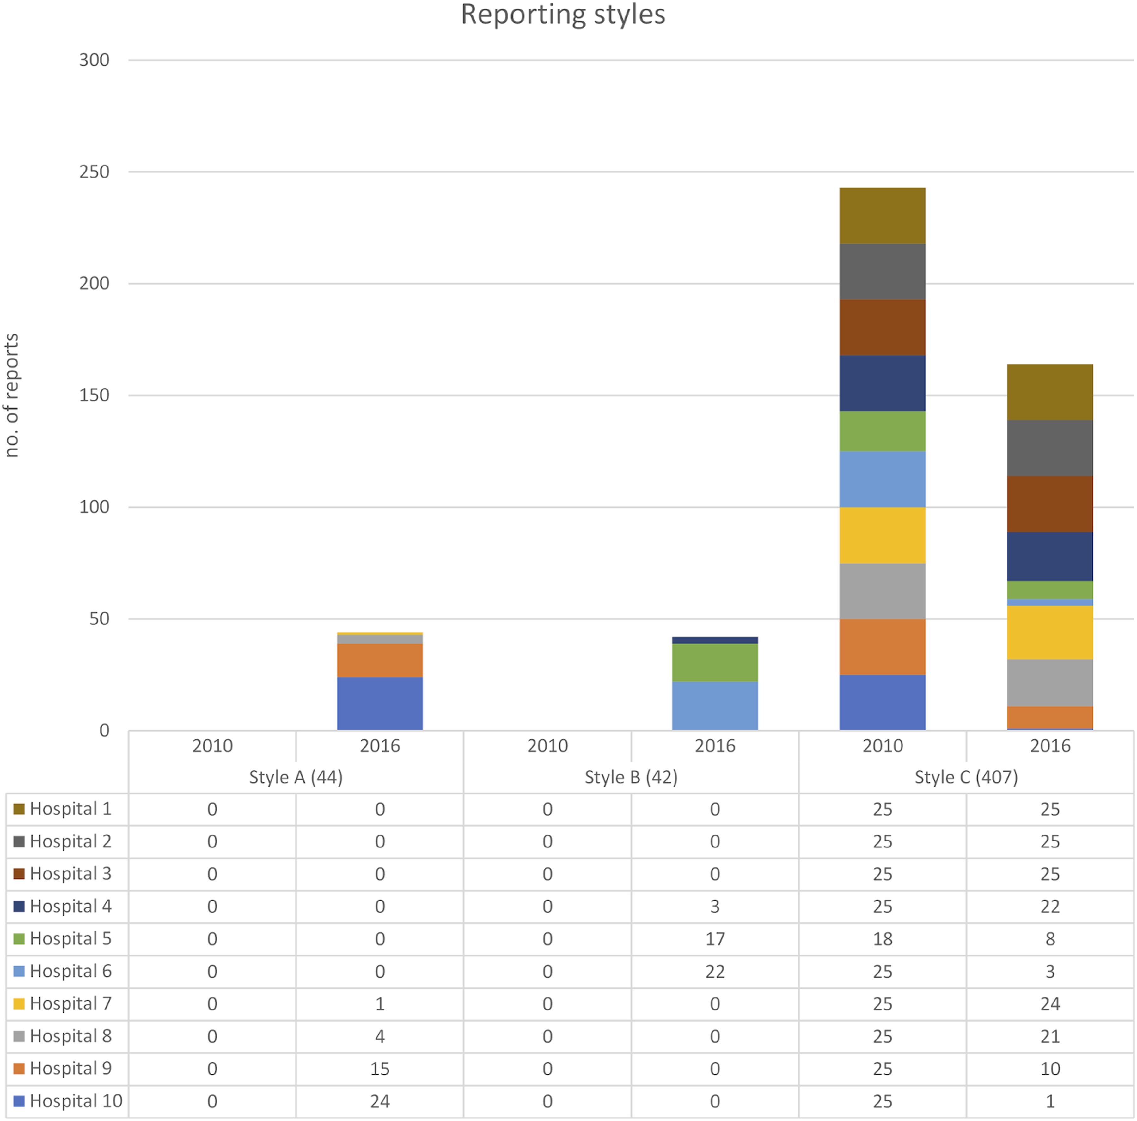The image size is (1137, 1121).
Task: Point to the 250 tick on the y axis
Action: pos(94,172)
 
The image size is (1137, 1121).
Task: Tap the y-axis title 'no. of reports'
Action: pos(12,395)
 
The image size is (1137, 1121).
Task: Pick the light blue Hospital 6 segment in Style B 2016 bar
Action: pos(715,706)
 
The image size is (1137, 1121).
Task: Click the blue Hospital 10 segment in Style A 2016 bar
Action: pos(380,703)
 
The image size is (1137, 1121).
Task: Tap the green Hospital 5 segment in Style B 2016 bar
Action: pos(715,662)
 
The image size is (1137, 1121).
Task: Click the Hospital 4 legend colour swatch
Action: pos(19,906)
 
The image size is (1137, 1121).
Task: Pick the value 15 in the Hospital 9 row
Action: pos(380,1069)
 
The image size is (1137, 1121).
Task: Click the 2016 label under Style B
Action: pos(715,746)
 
